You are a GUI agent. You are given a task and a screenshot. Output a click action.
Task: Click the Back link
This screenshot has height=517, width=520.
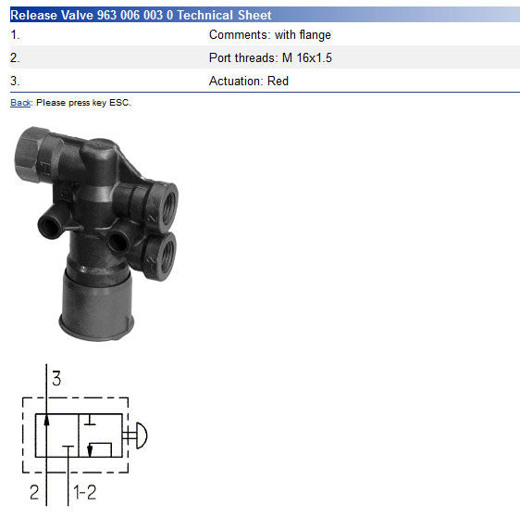20,103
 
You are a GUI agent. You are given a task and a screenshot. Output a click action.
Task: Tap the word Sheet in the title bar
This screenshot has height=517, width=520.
254,15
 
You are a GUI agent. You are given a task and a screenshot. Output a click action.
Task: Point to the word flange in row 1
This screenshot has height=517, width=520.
315,35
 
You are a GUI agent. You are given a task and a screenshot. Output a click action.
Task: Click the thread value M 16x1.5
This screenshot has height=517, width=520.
307,57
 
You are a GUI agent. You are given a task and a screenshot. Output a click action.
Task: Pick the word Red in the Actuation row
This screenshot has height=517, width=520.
278,81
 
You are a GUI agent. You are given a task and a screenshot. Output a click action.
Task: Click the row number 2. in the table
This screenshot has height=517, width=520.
15,58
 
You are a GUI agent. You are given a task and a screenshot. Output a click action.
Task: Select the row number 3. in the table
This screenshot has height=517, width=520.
15,81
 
